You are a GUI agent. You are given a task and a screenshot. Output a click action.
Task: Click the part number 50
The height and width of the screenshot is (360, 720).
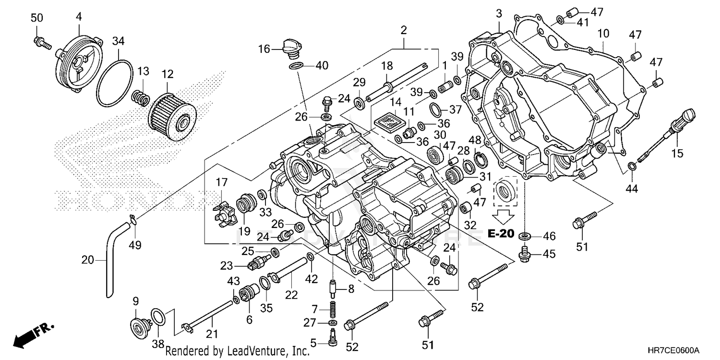pyautogui.click(x=37, y=18)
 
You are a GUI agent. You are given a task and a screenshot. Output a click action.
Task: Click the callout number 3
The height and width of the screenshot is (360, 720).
pyautogui.click(x=499, y=13)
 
